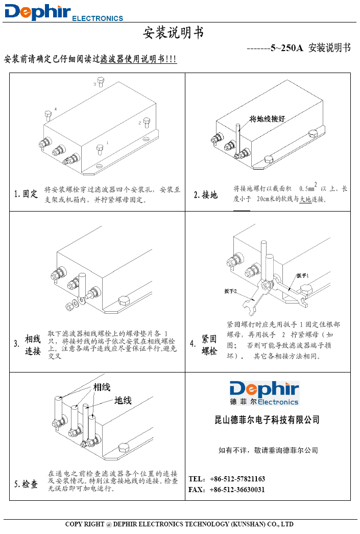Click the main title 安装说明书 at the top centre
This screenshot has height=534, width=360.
tap(173, 33)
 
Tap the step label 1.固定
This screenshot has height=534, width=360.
tap(26, 194)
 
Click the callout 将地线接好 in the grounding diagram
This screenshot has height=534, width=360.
tap(267, 119)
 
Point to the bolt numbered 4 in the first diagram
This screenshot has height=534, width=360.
tap(48, 114)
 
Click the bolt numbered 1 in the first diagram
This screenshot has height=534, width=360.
tap(100, 149)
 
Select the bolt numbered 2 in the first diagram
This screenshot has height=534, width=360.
tap(147, 123)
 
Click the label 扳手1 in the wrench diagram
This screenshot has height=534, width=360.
tap(303, 275)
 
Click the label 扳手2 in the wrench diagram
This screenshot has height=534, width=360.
tap(230, 291)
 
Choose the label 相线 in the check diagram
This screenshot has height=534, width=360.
tap(102, 387)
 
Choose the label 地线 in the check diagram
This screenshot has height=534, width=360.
tap(123, 401)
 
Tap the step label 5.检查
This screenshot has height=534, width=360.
tap(26, 484)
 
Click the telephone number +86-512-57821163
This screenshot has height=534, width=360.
tap(237, 479)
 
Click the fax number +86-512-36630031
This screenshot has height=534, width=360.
tap(237, 490)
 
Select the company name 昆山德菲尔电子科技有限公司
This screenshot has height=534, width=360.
tap(267, 420)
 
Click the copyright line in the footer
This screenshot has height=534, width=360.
tap(179, 524)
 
